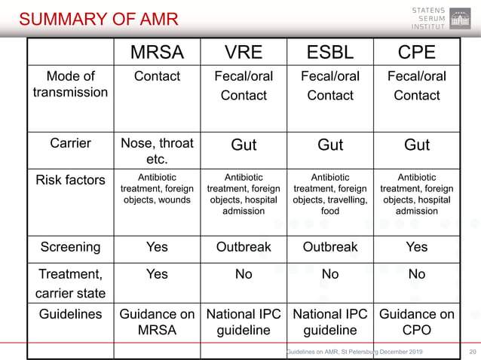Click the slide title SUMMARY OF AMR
(x=98, y=19)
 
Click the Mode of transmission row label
(x=71, y=84)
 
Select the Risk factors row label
(x=71, y=180)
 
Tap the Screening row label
(x=71, y=247)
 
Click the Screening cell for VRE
(x=244, y=247)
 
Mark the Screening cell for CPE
(x=416, y=247)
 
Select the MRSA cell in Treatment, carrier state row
(x=157, y=274)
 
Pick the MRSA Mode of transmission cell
(x=157, y=76)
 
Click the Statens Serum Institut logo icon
(x=460, y=18)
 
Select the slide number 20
(x=473, y=352)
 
